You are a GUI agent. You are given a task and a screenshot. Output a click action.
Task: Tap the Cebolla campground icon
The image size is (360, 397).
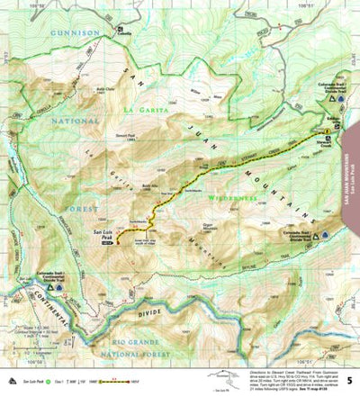[121, 32]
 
